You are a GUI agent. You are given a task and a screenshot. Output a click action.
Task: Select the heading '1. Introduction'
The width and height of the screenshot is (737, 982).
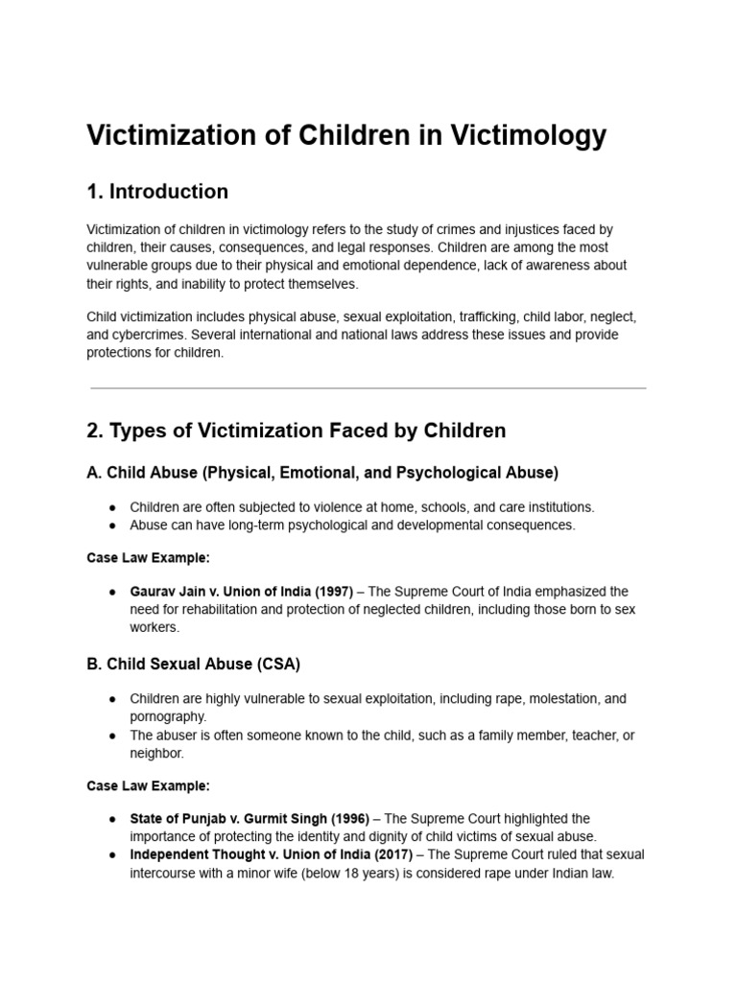point(157,192)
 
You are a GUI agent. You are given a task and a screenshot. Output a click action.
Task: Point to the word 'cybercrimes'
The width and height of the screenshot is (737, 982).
point(149,335)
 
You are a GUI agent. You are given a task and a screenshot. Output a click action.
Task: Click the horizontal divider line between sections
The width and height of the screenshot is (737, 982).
point(368,388)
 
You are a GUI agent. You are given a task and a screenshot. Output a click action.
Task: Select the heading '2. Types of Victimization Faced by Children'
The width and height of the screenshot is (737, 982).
point(296,431)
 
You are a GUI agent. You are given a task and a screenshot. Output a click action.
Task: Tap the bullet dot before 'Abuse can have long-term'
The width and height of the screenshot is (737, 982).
point(113,526)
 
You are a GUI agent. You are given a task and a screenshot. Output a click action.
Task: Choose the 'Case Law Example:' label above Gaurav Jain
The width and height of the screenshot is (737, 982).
point(148,558)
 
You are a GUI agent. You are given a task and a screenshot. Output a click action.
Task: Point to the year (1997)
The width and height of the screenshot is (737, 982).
point(336,592)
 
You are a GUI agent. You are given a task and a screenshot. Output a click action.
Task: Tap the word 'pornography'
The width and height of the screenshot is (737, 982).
point(168,716)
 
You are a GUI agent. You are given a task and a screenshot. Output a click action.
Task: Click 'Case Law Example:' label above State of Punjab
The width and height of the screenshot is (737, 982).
point(148,786)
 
